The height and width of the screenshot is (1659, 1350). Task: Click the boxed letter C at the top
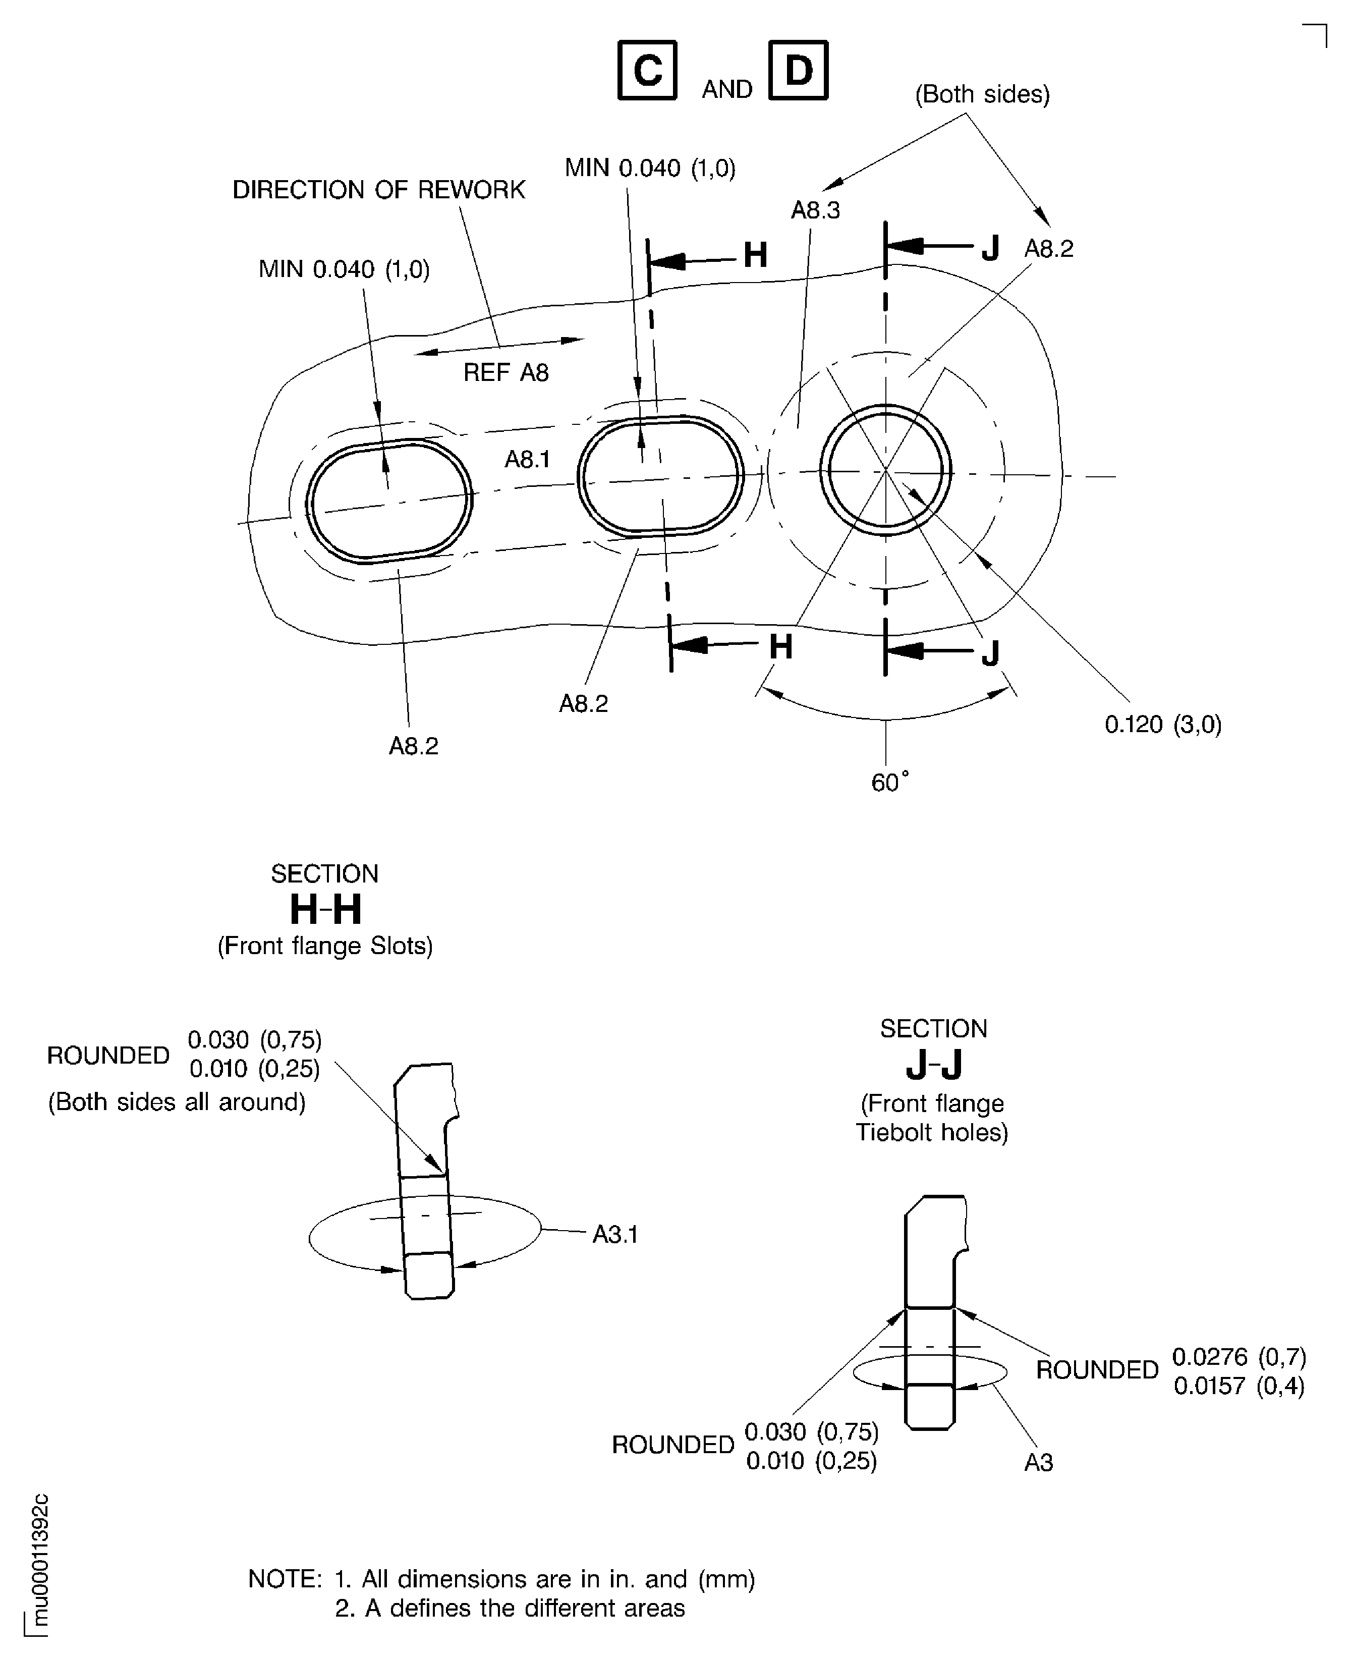point(647,71)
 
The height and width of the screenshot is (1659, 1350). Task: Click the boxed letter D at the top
point(798,71)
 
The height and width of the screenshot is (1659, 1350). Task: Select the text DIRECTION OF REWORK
point(379,190)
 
